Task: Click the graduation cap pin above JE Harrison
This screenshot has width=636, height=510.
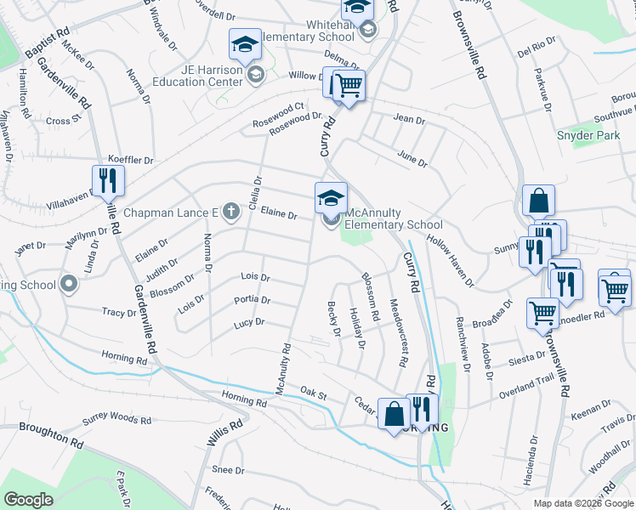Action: click(x=245, y=45)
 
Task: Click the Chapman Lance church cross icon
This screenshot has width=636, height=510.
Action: click(x=230, y=212)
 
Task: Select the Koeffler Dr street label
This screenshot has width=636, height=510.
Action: click(x=131, y=160)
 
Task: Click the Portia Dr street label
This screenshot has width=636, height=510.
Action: click(x=253, y=300)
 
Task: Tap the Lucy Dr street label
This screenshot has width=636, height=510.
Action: click(x=249, y=323)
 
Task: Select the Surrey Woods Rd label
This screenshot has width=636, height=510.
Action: click(x=116, y=420)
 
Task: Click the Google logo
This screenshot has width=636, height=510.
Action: click(x=28, y=500)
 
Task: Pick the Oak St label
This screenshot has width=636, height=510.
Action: click(x=313, y=392)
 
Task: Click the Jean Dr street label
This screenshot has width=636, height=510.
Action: click(x=410, y=121)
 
